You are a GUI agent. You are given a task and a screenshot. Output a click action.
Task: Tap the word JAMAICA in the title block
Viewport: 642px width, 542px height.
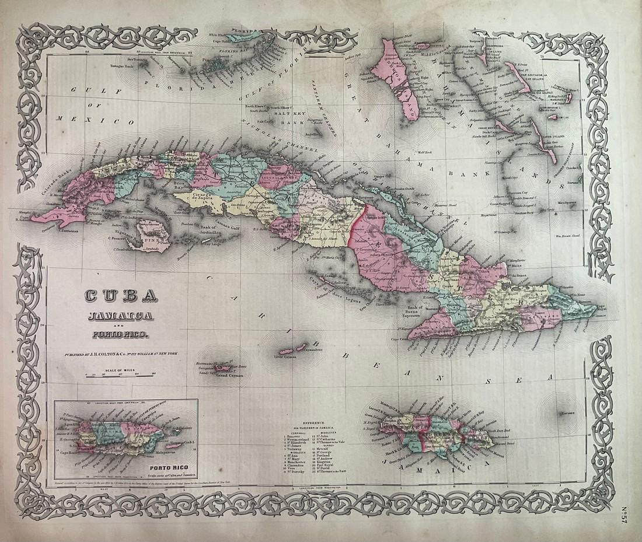tap(120, 316)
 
